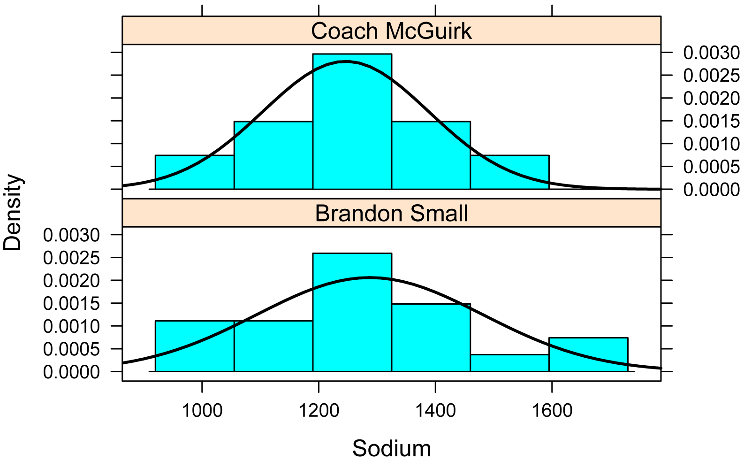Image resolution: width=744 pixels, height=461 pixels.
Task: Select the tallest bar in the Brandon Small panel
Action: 352,312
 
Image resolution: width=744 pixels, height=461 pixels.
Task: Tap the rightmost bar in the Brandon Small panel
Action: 588,354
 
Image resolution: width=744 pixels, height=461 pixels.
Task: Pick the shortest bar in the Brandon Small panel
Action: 509,363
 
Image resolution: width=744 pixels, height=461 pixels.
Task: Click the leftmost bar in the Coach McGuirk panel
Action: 194,172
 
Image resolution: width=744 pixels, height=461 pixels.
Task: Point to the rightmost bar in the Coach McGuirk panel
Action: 509,172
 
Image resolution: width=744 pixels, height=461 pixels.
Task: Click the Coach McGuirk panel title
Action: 391,31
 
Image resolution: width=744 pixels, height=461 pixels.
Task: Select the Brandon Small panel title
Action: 391,213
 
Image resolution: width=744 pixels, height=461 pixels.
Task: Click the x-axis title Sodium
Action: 391,448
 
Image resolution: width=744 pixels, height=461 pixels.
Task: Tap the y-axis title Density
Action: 13,213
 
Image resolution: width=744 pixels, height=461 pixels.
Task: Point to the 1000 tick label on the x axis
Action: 202,410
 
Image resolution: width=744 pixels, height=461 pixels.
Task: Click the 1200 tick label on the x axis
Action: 319,410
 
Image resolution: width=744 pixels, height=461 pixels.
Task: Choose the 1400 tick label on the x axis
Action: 435,410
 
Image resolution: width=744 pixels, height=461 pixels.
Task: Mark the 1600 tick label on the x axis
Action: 552,410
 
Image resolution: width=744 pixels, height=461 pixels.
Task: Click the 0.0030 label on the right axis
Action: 711,53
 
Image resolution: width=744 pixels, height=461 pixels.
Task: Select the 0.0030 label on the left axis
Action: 72,235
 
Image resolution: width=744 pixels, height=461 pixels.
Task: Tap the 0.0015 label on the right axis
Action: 711,121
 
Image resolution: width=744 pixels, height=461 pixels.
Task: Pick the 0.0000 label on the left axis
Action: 72,372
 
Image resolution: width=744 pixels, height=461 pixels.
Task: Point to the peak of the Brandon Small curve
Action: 369,277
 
